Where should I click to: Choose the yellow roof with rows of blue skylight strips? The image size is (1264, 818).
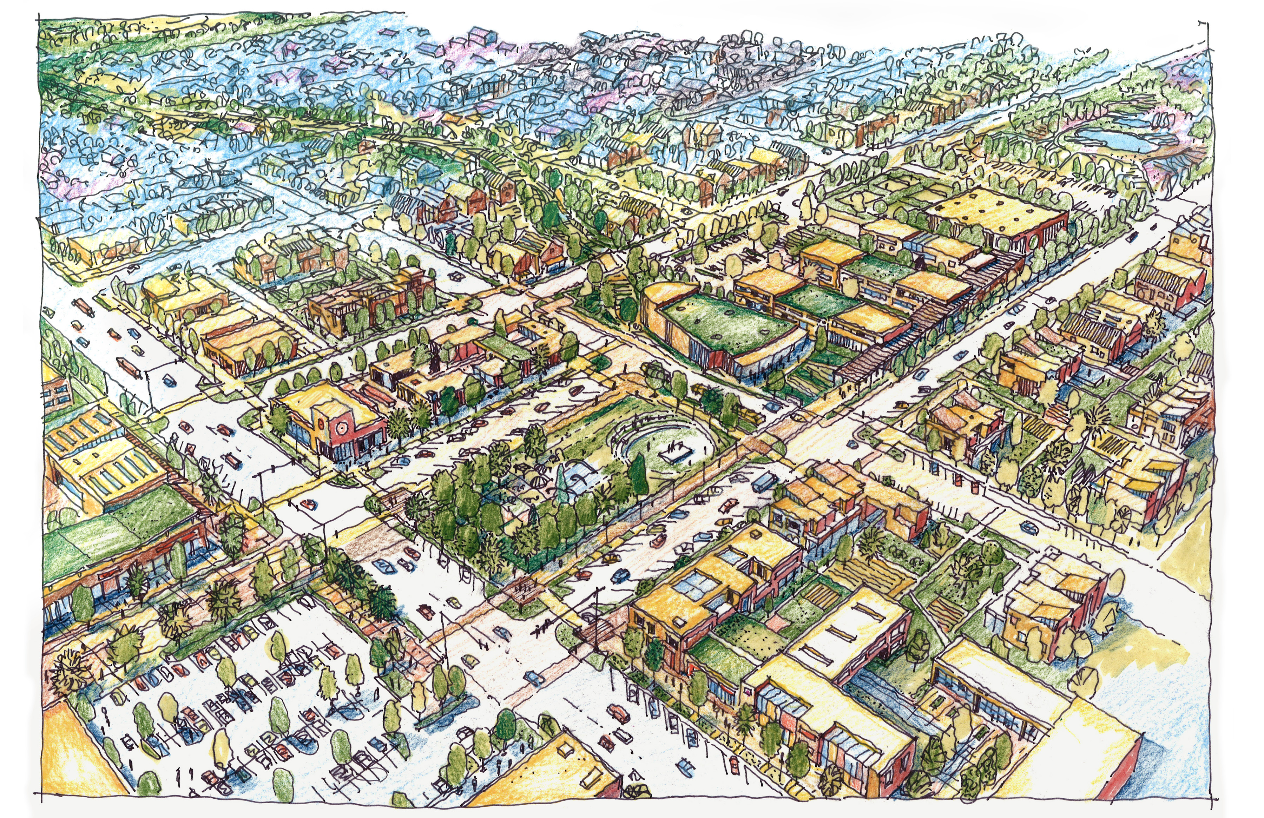pos(106,457)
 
